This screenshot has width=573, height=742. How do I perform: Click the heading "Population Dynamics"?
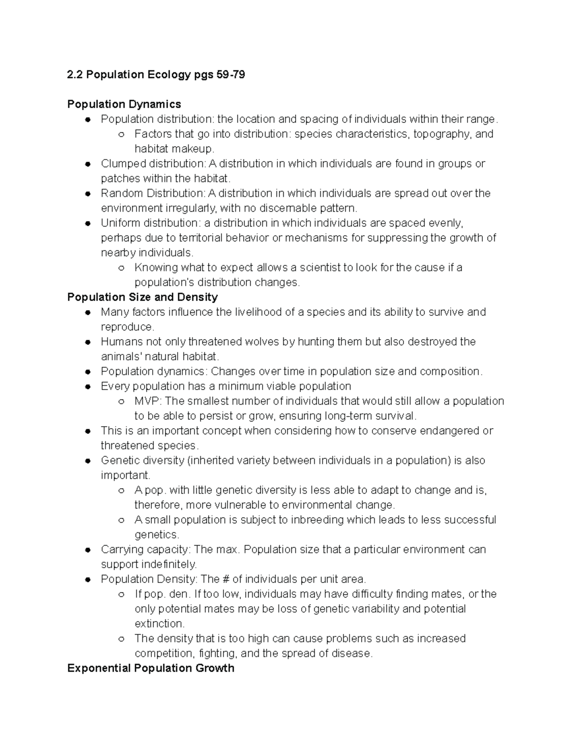click(x=124, y=104)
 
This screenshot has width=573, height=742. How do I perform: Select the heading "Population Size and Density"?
click(x=142, y=297)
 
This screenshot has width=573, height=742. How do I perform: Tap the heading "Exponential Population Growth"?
click(x=150, y=668)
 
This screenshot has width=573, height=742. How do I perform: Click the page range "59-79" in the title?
click(x=231, y=75)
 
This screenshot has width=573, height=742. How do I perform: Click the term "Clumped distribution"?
click(x=153, y=163)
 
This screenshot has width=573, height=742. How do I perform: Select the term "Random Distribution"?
click(x=152, y=193)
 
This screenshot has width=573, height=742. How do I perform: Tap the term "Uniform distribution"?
click(x=150, y=223)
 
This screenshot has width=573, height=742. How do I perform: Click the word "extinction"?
click(x=159, y=624)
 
